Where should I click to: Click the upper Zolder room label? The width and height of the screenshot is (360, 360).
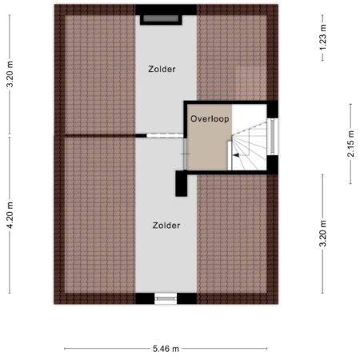point(162,69)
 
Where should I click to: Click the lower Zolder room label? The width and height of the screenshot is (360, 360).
point(166,226)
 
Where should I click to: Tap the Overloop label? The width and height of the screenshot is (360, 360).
point(210,118)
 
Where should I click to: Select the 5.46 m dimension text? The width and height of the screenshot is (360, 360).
point(166,349)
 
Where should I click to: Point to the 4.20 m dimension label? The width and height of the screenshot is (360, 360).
point(10,215)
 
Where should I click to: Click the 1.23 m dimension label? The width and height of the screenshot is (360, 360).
point(322,37)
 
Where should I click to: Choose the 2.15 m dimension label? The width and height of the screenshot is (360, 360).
point(351,144)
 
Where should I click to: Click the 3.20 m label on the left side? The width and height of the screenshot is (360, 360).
point(10,74)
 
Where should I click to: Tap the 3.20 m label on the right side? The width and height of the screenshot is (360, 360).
point(323,234)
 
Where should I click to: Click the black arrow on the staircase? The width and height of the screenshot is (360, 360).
point(236,155)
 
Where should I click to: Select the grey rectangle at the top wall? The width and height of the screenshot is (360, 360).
point(161,18)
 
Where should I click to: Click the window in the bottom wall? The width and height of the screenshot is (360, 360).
point(166,298)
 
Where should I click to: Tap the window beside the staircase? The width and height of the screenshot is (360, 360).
point(272,137)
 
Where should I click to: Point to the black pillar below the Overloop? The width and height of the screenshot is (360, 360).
point(182,183)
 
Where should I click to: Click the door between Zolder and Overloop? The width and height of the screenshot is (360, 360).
point(185,154)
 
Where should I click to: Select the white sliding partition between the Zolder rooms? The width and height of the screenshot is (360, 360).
point(165,136)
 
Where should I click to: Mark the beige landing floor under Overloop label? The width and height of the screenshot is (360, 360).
point(209,144)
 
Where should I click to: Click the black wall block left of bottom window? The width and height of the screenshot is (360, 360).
point(145,298)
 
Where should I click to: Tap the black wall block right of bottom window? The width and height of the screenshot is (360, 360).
point(187,298)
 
